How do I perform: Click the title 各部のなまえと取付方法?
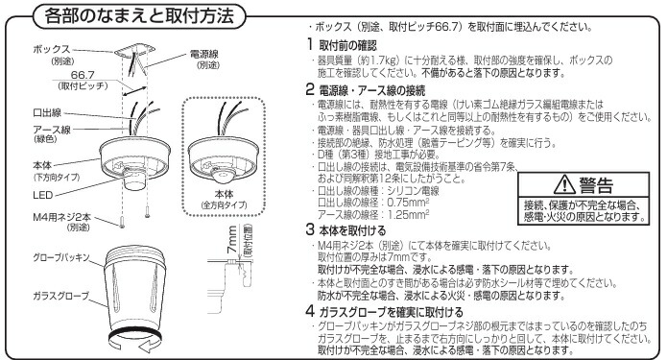[136, 16]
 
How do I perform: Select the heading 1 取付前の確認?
[340, 45]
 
